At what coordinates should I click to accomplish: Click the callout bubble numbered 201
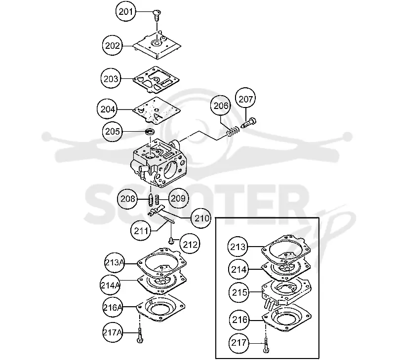tap(126, 11)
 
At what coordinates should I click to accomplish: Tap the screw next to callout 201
tap(157, 16)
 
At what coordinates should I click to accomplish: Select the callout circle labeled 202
tap(113, 45)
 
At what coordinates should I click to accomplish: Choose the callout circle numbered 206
tap(221, 106)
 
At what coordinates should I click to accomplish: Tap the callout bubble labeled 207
tap(245, 99)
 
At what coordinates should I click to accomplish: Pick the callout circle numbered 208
tap(128, 199)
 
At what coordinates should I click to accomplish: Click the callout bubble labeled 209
tap(178, 198)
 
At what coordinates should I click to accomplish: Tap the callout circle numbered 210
tap(201, 218)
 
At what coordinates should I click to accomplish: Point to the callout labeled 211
tap(141, 230)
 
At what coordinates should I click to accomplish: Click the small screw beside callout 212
tap(171, 241)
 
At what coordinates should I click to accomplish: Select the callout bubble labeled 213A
tap(115, 263)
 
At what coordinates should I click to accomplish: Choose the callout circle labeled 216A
tap(113, 307)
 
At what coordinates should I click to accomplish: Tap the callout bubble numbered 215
tap(239, 292)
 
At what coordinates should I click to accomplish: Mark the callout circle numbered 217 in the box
tap(239, 343)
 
